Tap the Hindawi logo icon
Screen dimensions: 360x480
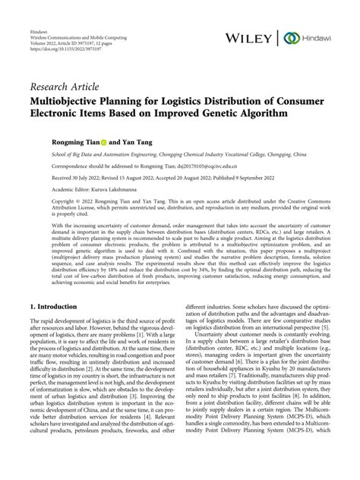point(289,37)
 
